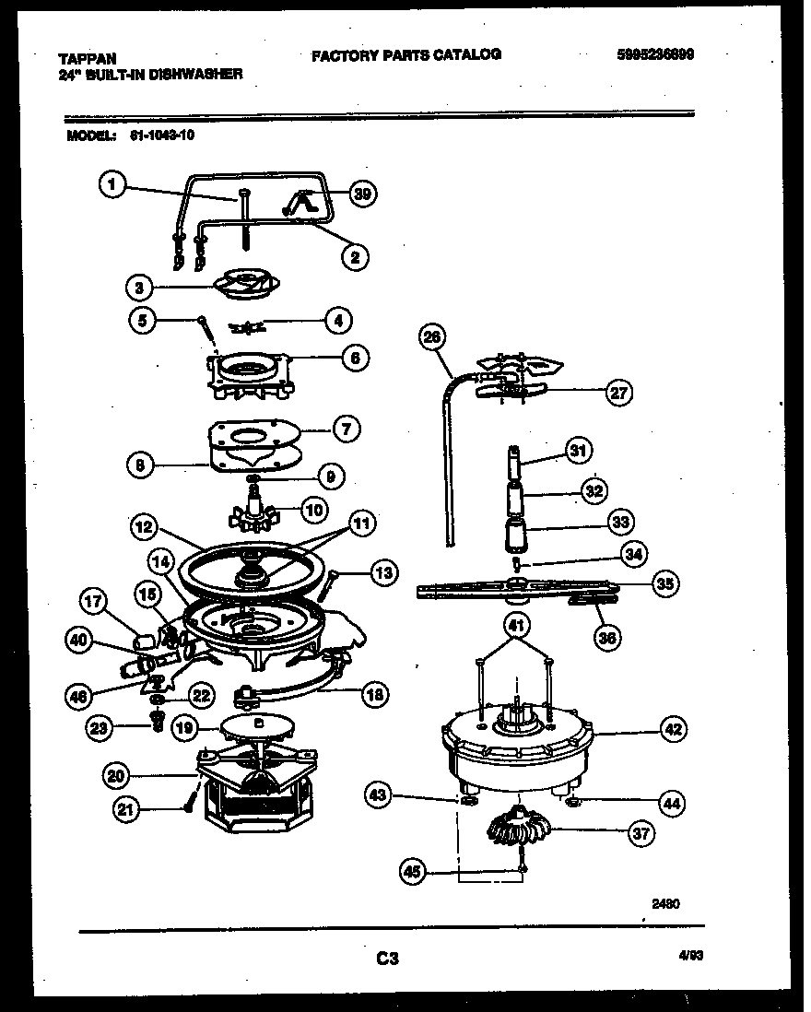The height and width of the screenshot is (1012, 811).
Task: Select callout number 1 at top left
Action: [x=112, y=185]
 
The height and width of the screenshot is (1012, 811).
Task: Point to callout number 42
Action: [x=674, y=730]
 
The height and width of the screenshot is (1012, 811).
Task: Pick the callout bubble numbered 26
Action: [x=430, y=338]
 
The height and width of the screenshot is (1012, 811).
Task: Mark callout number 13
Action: [x=383, y=573]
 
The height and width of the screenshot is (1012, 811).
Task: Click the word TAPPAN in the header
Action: [x=80, y=57]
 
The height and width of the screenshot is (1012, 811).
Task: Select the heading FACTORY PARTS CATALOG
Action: [x=406, y=54]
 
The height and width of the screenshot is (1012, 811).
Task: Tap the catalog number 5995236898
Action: [x=655, y=54]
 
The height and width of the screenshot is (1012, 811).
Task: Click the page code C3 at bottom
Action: [x=387, y=959]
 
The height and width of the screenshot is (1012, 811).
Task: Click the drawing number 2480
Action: [x=664, y=904]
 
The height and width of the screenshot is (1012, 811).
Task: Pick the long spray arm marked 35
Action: [x=516, y=586]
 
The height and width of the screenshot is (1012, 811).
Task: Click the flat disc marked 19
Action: [x=258, y=726]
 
